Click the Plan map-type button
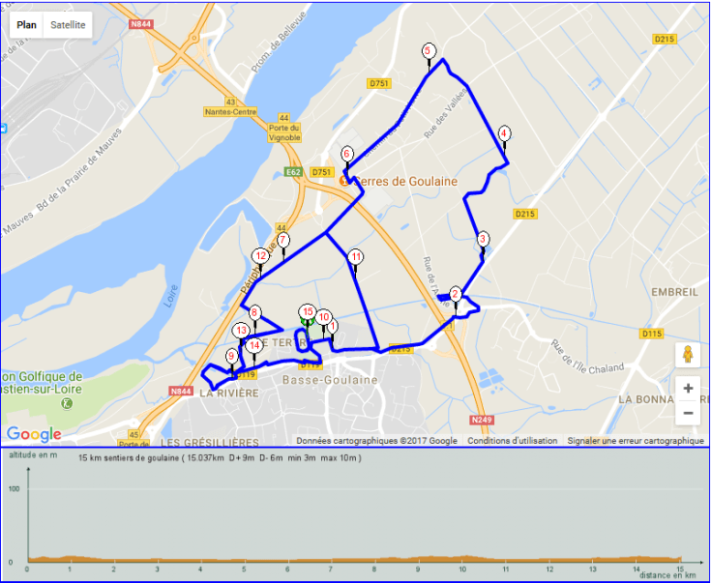[27, 24]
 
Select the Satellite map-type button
[68, 24]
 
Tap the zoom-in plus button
[688, 389]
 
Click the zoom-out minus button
[688, 413]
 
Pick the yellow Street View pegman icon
[688, 353]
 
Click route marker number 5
[429, 51]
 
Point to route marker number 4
[504, 133]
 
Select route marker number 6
[346, 154]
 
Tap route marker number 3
[483, 239]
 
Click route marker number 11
[356, 256]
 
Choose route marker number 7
[283, 240]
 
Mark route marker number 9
[231, 356]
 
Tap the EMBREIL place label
[674, 291]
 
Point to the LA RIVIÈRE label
[228, 394]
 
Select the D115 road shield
[652, 334]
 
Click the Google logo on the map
[33, 434]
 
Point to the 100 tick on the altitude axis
[15, 489]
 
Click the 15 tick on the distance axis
[680, 569]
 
